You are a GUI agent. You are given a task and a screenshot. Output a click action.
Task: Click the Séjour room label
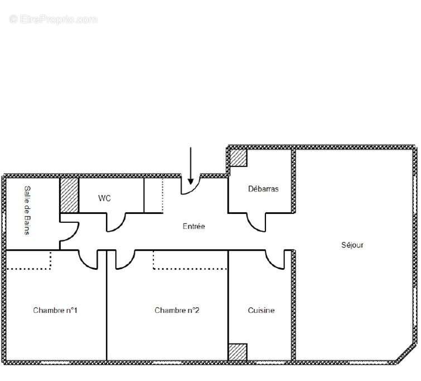click(x=352, y=245)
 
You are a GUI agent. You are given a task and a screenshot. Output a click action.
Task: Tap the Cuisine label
click(x=261, y=310)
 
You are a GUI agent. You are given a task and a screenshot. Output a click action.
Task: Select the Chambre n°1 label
click(x=55, y=310)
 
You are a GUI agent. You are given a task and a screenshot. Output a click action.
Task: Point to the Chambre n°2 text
click(x=177, y=310)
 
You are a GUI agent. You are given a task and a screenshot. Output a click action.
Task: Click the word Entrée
click(x=194, y=226)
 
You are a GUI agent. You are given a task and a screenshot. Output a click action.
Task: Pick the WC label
click(x=104, y=198)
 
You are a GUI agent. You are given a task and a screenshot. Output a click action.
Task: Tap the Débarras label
click(x=263, y=189)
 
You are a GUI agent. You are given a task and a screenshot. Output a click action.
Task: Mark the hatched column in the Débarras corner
click(x=239, y=158)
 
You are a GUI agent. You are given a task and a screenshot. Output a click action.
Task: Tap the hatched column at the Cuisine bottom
click(x=238, y=352)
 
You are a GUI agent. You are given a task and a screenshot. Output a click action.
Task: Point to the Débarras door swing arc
click(x=258, y=223)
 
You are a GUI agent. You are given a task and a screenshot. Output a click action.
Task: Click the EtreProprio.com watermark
click(x=54, y=20)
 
